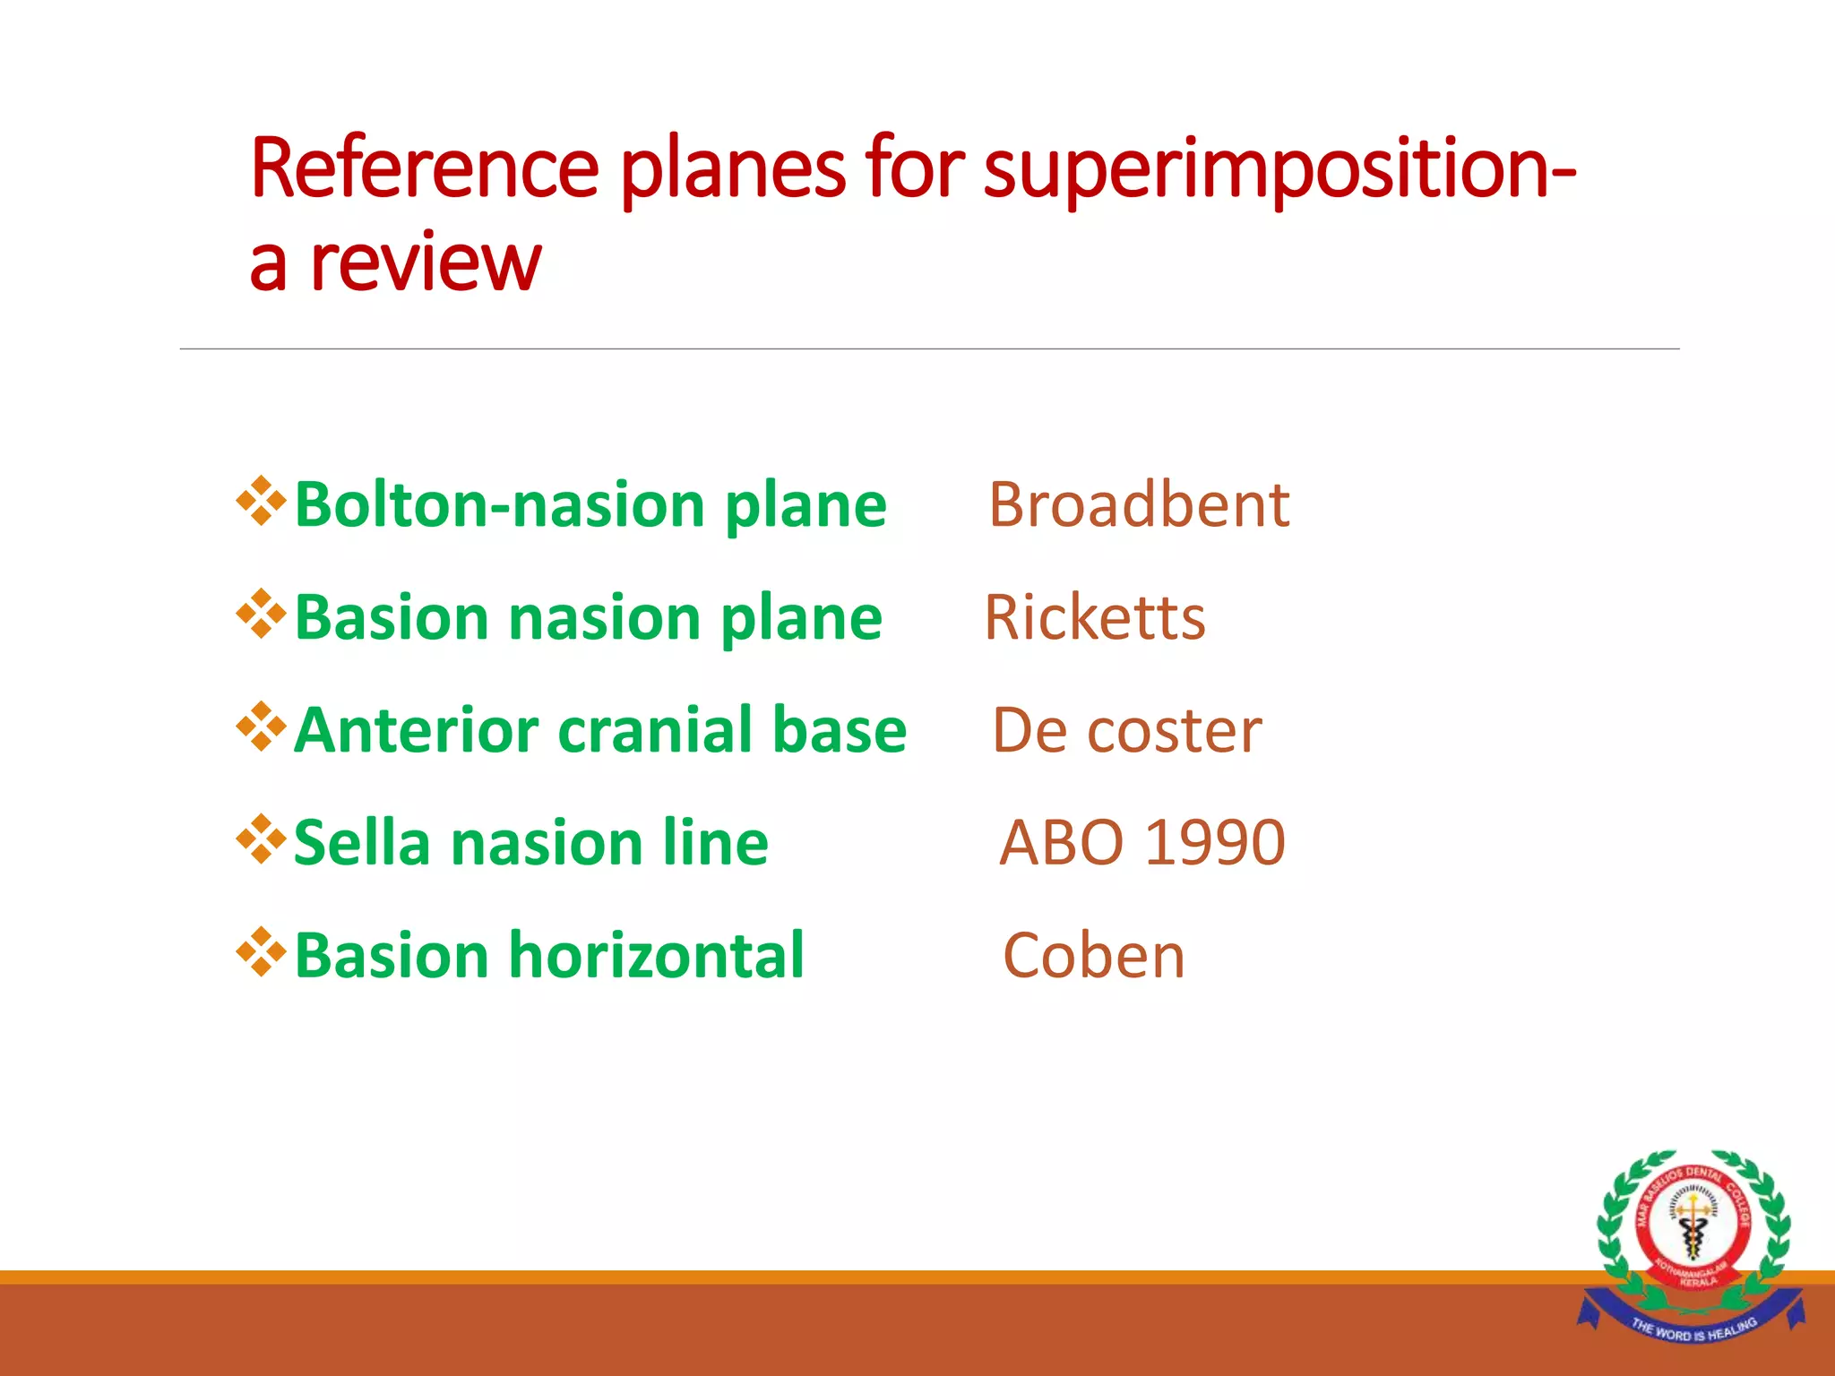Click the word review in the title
[426, 263]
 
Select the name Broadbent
[1139, 505]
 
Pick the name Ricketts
[1095, 618]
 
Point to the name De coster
[1127, 731]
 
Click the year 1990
[1216, 844]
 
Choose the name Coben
[1094, 957]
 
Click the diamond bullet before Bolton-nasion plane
[261, 502]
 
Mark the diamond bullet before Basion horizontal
[261, 952]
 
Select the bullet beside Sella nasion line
[261, 839]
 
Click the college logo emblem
[1692, 1227]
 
